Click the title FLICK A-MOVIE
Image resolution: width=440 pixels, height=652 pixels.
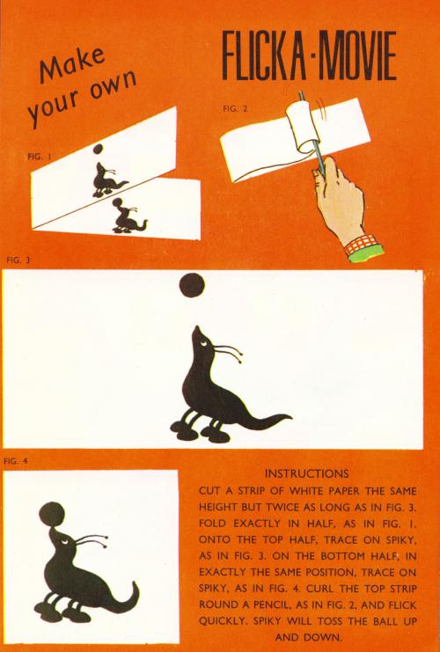coord(309,55)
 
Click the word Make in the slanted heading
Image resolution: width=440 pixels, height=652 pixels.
coord(73,64)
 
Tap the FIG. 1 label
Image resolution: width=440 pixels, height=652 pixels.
coord(39,157)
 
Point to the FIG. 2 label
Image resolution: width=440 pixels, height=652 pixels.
coord(235,108)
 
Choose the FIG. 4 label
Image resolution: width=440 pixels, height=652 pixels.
coord(15,461)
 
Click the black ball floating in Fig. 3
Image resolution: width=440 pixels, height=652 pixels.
coord(192,285)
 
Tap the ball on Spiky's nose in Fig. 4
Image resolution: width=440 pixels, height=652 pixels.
coord(52,515)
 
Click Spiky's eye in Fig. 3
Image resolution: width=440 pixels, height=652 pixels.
coord(203,342)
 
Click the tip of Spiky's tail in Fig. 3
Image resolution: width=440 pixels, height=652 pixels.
coord(292,416)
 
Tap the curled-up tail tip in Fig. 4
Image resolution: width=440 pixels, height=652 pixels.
coord(134,583)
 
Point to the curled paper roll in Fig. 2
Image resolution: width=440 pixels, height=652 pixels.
coord(304,127)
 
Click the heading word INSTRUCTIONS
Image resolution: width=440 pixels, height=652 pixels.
coord(307,473)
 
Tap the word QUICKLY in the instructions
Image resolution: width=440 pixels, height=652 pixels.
coord(222,621)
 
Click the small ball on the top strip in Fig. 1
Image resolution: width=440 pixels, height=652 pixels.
coord(98,149)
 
